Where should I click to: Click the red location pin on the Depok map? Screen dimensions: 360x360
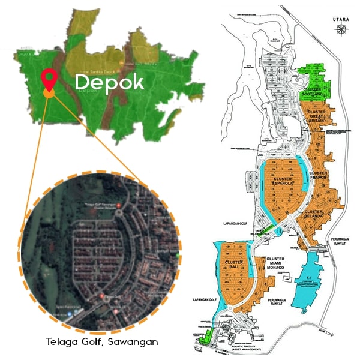(x=49, y=80)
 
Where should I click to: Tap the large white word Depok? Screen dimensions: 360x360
(x=110, y=82)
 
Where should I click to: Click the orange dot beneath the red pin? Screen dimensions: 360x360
(x=49, y=93)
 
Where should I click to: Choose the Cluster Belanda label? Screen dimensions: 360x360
(x=315, y=215)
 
